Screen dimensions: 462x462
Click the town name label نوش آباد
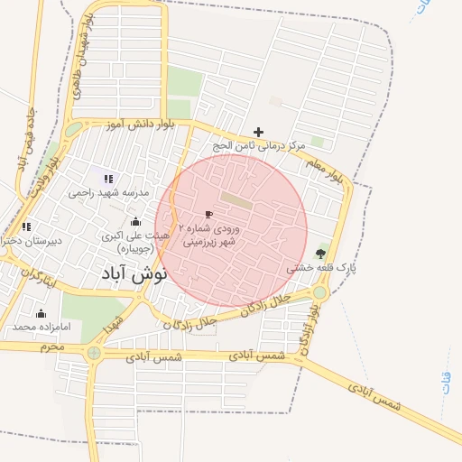tap(125, 275)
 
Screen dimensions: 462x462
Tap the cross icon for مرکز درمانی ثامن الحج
tap(258, 132)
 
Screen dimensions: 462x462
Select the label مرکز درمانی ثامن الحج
tap(259, 145)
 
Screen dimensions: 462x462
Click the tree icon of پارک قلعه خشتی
tap(320, 254)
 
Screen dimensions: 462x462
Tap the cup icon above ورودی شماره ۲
tap(208, 215)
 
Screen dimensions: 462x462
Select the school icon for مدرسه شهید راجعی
tap(109, 179)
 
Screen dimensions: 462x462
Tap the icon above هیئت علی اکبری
tap(136, 221)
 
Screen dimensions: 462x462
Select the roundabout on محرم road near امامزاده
tap(94, 353)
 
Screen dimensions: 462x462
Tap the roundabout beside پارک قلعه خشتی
tap(319, 292)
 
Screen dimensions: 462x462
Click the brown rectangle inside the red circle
tap(236, 201)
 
